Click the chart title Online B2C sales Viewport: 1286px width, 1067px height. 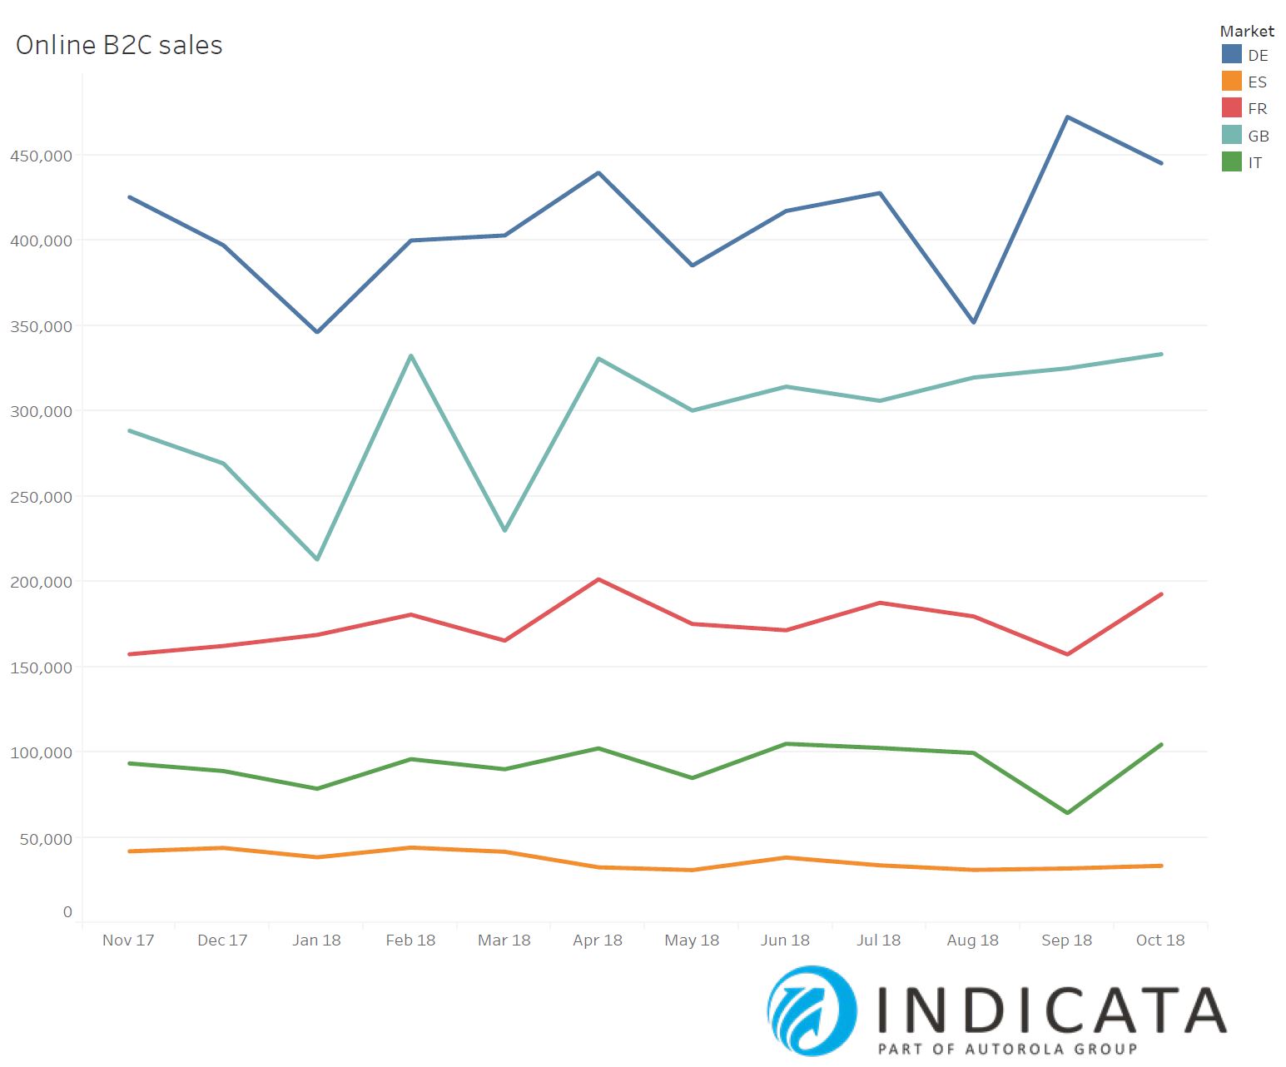click(119, 45)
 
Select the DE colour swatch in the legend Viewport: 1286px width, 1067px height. click(1232, 55)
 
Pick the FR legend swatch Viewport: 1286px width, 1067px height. click(1232, 108)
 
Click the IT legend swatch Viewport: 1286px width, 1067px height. click(1232, 162)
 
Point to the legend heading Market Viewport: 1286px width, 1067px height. click(1246, 31)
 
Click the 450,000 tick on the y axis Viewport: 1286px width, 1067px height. click(41, 156)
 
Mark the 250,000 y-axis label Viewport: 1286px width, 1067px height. click(41, 497)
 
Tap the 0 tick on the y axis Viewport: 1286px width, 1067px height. click(67, 912)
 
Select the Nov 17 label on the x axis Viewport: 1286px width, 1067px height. click(128, 940)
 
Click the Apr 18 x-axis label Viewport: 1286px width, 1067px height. click(598, 940)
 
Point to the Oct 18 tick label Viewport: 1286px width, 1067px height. click(1159, 940)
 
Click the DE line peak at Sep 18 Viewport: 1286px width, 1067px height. click(1067, 117)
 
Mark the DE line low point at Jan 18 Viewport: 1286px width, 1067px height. click(317, 332)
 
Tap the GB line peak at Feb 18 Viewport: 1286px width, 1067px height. click(411, 356)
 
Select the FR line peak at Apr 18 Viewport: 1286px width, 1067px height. click(598, 579)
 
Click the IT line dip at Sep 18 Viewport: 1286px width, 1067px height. click(1067, 813)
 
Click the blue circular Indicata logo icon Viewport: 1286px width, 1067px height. click(812, 1010)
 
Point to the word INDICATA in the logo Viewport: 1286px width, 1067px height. click(1051, 1009)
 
